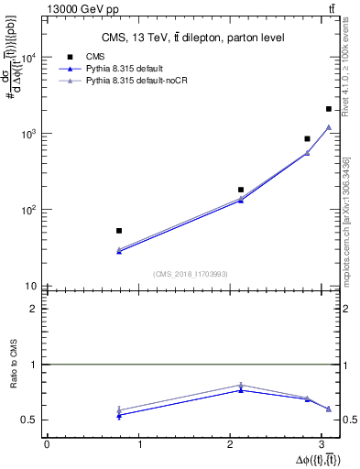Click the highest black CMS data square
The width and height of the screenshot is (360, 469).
[x=329, y=109]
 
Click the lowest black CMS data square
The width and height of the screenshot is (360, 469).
[x=119, y=231]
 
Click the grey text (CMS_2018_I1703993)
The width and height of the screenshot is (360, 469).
[x=191, y=274]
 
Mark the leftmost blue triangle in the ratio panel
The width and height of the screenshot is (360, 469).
[x=119, y=415]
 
